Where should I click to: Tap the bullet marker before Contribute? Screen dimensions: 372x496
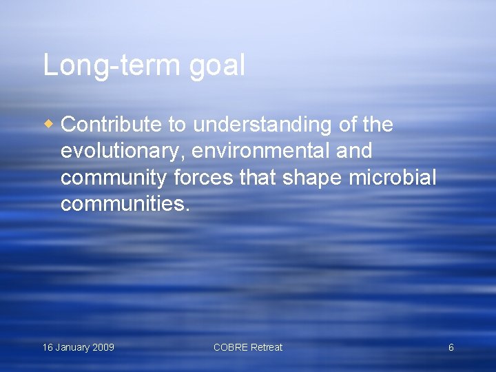tap(49, 125)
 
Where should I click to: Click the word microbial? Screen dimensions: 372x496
tap(395, 177)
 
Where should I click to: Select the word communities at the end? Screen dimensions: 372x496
tap(124, 204)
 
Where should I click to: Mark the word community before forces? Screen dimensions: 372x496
tap(114, 178)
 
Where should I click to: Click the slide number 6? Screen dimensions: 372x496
tap(451, 348)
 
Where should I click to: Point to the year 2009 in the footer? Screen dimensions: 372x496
tap(103, 347)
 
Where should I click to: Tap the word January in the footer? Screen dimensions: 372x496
tap(71, 347)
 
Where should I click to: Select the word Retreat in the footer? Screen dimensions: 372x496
tap(267, 347)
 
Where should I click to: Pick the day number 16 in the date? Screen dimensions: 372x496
tap(48, 347)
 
